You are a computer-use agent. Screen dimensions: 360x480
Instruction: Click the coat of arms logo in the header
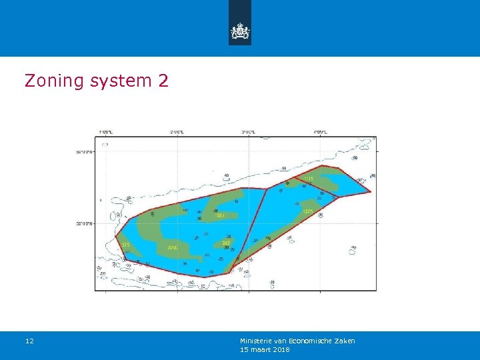240,31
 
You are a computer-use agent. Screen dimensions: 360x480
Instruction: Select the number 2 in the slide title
163,81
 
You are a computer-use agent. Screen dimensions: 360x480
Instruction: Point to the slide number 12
29,341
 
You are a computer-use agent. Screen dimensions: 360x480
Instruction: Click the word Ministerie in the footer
257,341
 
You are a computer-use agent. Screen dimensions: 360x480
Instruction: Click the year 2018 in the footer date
280,349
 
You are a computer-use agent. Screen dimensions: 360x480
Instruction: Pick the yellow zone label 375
125,245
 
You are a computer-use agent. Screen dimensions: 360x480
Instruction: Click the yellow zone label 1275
307,211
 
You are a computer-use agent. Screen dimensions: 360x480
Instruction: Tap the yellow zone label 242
226,243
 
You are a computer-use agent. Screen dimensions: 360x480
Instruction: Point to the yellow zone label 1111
309,179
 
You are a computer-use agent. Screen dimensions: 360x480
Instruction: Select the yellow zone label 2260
172,249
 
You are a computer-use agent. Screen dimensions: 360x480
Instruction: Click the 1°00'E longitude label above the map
105,132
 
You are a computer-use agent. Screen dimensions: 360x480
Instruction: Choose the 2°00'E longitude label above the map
177,132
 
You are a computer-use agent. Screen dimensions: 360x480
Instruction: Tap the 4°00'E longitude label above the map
320,132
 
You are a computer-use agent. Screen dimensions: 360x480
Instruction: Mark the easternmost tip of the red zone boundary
371,192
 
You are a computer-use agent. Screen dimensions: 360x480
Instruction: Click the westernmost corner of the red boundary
115,235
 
